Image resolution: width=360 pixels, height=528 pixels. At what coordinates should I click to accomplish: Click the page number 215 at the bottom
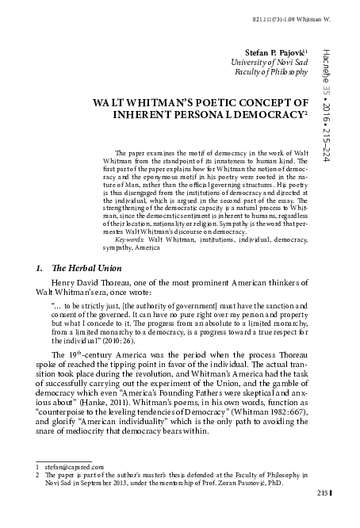coord(322,515)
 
